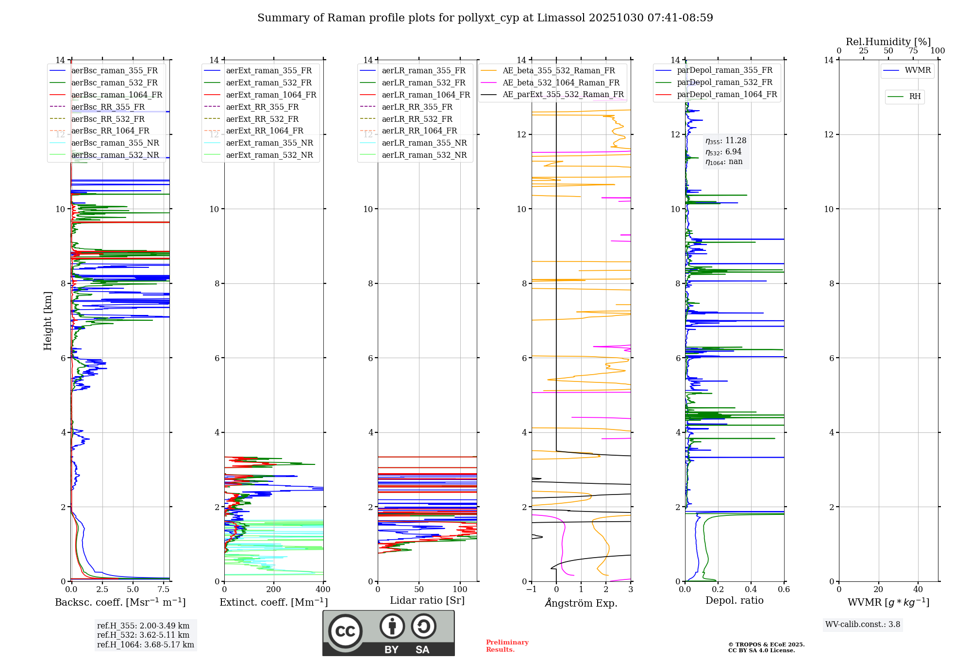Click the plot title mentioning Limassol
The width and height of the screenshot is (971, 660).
tap(485, 18)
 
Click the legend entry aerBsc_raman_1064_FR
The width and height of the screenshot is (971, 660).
tap(117, 95)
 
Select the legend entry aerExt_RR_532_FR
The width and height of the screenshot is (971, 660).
tap(262, 119)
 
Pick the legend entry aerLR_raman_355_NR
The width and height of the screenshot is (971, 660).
tap(424, 143)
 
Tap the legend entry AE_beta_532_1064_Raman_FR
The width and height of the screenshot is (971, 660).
tap(561, 82)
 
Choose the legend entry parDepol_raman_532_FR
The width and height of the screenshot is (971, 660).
tap(724, 82)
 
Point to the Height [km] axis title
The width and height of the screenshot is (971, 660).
tap(48, 320)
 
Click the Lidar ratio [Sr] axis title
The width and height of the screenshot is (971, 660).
tap(427, 600)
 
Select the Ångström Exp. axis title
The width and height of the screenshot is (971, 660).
tap(581, 603)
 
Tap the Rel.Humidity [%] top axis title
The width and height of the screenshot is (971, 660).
tap(888, 42)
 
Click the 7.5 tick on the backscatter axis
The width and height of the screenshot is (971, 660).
tap(164, 590)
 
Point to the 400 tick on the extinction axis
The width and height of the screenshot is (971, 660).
tap(323, 590)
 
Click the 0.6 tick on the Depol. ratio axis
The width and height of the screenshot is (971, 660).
tap(784, 590)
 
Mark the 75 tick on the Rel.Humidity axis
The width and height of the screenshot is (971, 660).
tap(913, 51)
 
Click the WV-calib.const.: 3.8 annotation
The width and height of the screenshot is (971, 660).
tap(862, 625)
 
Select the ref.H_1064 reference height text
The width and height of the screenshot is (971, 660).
tap(145, 645)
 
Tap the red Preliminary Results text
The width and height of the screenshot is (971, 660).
tap(507, 646)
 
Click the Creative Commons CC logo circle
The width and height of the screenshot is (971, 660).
tap(345, 631)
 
